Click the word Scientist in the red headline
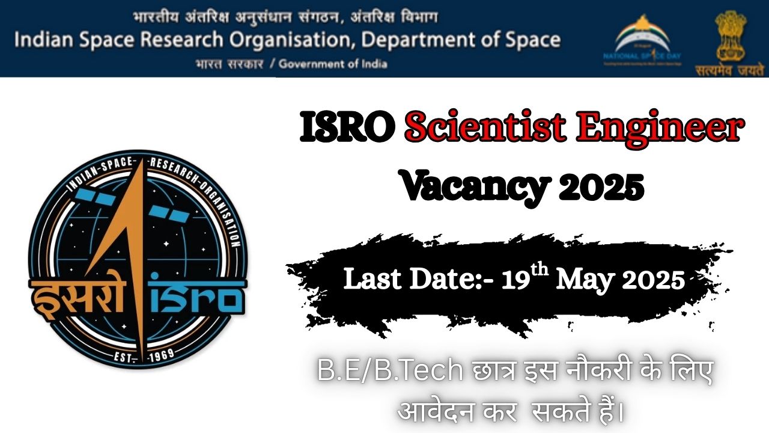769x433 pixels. tap(485, 130)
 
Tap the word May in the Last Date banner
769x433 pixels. tap(585, 280)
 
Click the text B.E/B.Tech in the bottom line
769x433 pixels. tap(389, 372)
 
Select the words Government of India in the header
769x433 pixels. tap(333, 64)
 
